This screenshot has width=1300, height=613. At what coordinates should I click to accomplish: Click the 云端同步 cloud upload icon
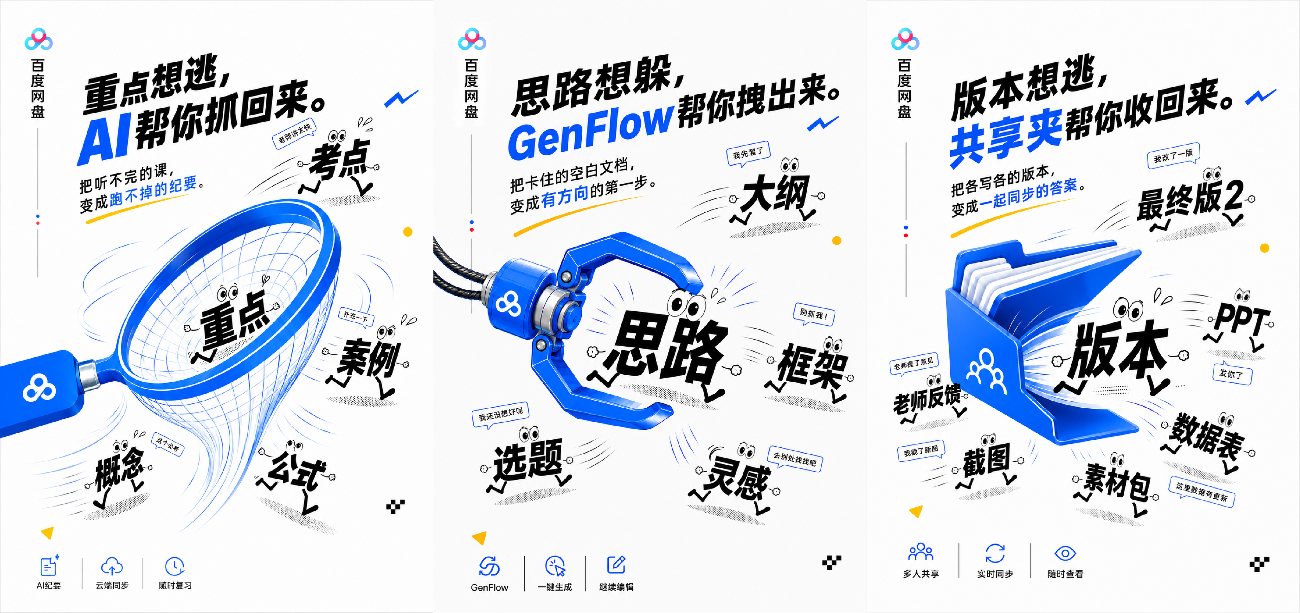112,567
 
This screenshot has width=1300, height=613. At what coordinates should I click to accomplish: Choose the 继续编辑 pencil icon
616,565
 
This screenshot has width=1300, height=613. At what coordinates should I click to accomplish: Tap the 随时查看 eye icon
1065,554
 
